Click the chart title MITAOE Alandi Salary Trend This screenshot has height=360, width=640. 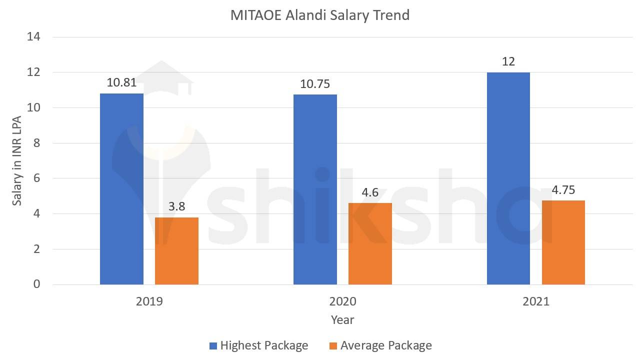(319, 15)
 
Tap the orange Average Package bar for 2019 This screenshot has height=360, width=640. (176, 251)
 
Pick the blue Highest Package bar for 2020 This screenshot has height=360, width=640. (315, 189)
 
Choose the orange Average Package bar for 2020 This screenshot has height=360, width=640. (370, 244)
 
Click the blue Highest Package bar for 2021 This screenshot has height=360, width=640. (508, 178)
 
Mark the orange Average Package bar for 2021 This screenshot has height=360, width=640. (563, 242)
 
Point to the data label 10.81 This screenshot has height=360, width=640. (121, 83)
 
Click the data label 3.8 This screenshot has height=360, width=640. (176, 206)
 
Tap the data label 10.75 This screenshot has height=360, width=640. (315, 84)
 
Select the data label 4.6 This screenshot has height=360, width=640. (370, 192)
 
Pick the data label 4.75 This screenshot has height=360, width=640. (563, 190)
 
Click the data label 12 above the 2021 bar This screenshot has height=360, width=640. (508, 61)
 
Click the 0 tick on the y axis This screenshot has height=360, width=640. (36, 284)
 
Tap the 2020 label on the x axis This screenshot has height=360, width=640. (342, 301)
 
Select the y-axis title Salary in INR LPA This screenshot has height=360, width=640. (17, 160)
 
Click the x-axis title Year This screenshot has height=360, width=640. (342, 319)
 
